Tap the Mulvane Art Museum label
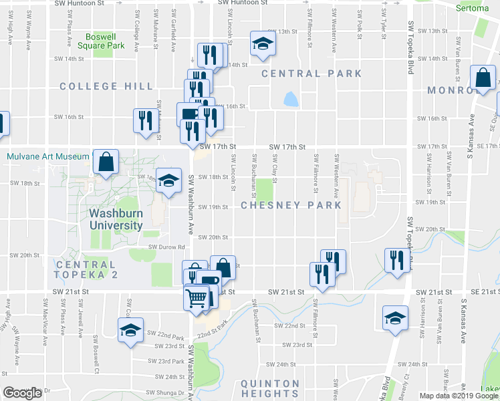47,157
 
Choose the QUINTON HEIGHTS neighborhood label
269,388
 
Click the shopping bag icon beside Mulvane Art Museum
106,161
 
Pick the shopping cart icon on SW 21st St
197,297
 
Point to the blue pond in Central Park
291,100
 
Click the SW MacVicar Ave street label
45,327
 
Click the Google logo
23,393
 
